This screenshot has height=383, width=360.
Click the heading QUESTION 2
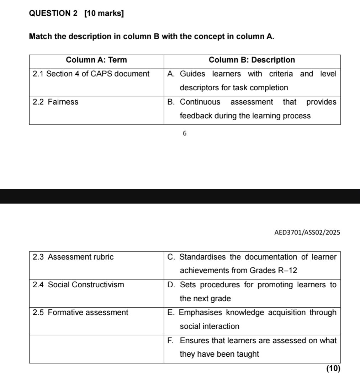coord(53,14)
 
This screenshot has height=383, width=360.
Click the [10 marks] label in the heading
coord(104,14)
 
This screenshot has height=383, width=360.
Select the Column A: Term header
coord(96,60)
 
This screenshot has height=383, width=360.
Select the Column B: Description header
coord(252,60)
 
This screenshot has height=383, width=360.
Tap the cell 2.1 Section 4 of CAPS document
coord(91,74)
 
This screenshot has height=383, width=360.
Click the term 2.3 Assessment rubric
coord(73,257)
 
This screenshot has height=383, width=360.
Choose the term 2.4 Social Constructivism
coord(78,284)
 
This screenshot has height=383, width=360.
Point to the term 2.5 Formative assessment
coord(80,313)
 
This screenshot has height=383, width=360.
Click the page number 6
coord(184,133)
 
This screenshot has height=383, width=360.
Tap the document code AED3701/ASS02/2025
coord(307,233)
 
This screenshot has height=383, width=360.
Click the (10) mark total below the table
coord(333,368)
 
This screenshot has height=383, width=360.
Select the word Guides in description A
coord(192,74)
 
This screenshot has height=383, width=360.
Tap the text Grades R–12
coord(264,271)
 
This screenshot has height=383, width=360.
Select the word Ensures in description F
coord(192,341)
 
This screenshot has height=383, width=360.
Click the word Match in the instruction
coord(40,37)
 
